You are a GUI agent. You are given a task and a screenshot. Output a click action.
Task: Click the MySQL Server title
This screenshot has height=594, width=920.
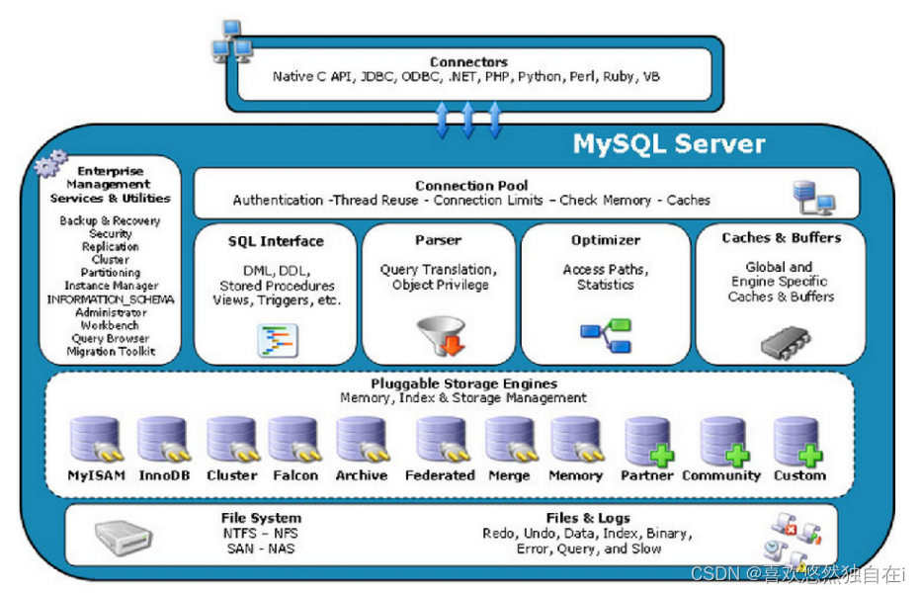(669, 144)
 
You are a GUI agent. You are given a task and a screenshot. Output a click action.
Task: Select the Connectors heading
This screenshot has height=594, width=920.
(468, 62)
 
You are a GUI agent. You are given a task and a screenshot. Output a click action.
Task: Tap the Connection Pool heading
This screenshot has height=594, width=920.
(471, 185)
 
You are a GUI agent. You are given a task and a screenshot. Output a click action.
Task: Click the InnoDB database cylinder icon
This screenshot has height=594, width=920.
(162, 441)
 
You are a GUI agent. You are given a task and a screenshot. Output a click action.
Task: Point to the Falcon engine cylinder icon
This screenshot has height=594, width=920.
(293, 441)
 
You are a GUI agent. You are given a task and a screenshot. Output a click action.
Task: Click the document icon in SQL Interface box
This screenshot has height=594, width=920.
(278, 339)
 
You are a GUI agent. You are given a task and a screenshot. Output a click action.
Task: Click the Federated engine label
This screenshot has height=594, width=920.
(440, 475)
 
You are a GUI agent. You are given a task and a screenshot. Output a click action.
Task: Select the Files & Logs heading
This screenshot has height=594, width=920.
(588, 518)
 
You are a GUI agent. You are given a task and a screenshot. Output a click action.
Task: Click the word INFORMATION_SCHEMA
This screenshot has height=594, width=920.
(111, 299)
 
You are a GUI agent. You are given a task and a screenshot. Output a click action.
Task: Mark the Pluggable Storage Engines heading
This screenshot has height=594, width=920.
(464, 383)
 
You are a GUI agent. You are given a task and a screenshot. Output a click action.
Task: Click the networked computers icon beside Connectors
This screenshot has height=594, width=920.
(230, 41)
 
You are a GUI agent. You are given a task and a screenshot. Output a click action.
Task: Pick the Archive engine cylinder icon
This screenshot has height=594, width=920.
(361, 441)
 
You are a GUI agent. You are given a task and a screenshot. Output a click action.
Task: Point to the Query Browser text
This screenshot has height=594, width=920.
(111, 338)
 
